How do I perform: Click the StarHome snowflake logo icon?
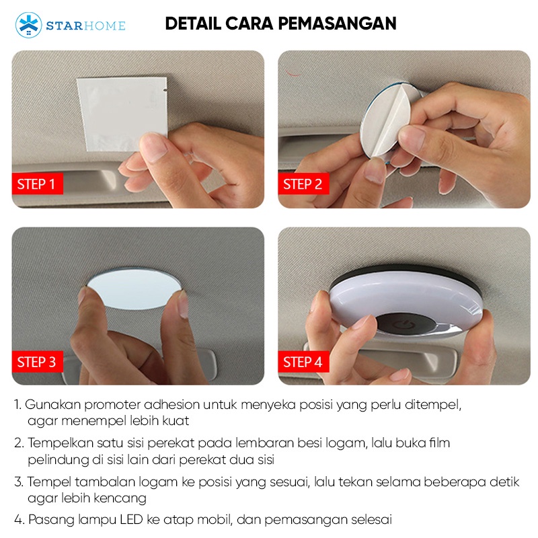pyautogui.click(x=28, y=25)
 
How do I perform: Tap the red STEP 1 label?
pyautogui.click(x=38, y=184)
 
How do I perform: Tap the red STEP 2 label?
pyautogui.click(x=303, y=184)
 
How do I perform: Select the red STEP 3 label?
pyautogui.click(x=38, y=362)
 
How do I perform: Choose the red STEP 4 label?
pyautogui.click(x=303, y=362)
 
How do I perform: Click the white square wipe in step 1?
pyautogui.click(x=122, y=114)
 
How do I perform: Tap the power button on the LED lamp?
pyautogui.click(x=399, y=323)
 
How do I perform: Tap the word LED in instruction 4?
pyautogui.click(x=131, y=519)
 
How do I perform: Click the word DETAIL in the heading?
pyautogui.click(x=193, y=24)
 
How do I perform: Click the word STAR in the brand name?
pyautogui.click(x=64, y=26)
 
